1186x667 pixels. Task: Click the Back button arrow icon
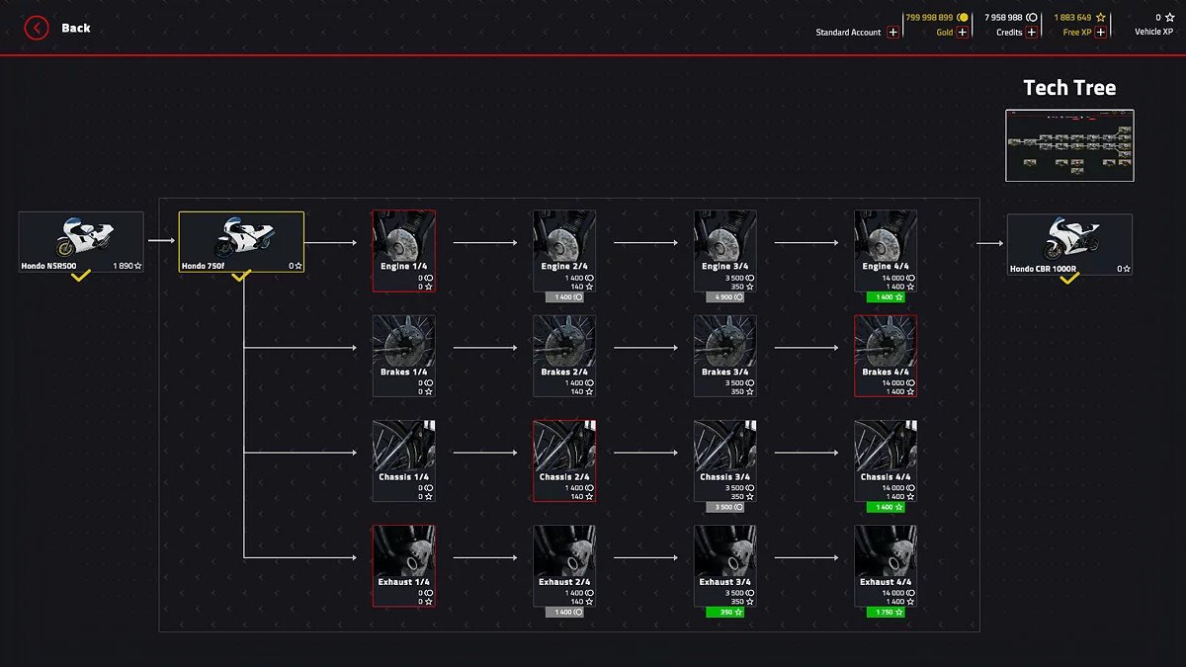click(x=37, y=28)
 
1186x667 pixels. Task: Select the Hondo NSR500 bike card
click(x=81, y=242)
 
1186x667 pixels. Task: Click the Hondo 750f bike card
click(x=241, y=242)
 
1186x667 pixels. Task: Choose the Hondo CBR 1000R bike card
click(x=1069, y=244)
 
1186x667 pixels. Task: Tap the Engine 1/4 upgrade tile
click(x=403, y=251)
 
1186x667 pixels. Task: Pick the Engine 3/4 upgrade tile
click(x=725, y=251)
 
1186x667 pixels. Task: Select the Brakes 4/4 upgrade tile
click(x=886, y=356)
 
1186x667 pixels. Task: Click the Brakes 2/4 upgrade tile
click(x=564, y=356)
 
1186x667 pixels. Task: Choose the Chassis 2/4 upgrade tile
click(x=564, y=460)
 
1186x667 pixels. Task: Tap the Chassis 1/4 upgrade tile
click(x=403, y=460)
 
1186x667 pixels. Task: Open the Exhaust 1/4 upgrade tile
click(x=403, y=565)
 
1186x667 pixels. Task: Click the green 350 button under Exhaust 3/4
click(x=724, y=613)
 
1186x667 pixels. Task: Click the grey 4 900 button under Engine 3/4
click(x=724, y=297)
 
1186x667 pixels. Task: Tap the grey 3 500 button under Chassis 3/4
click(x=724, y=508)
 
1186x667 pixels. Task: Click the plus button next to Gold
click(x=963, y=33)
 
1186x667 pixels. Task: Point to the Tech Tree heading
click(x=1069, y=88)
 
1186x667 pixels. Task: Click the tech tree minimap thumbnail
click(x=1069, y=145)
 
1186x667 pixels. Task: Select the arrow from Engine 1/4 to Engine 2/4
click(x=484, y=241)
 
